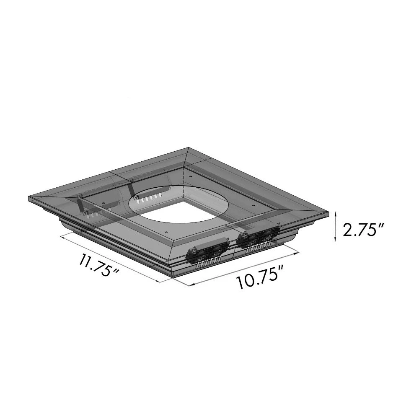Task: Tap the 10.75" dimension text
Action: click(x=258, y=279)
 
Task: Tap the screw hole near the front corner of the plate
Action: click(x=166, y=232)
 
